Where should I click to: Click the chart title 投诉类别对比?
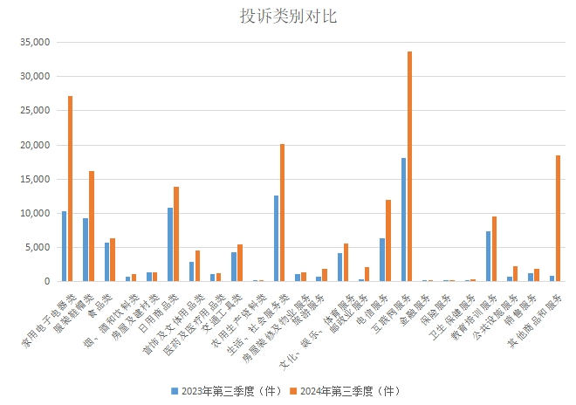288,16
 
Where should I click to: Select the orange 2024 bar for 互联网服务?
409,166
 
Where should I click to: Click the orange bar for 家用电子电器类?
70,189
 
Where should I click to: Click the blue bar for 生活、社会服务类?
276,238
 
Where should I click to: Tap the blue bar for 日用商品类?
170,244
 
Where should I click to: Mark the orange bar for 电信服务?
388,241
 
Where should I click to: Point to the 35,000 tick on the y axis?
36,42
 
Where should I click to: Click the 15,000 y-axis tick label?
36,179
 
